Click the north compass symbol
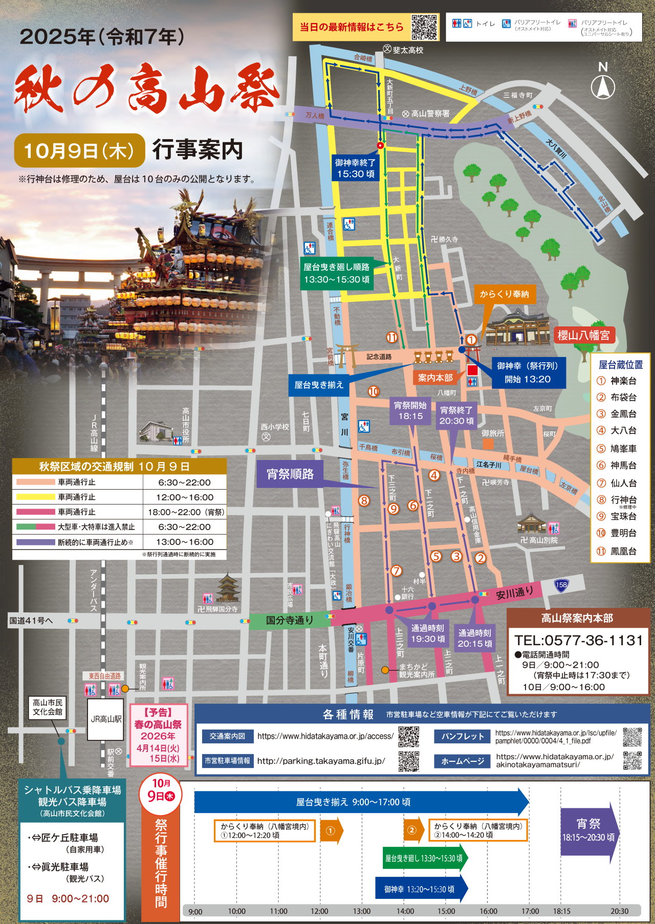coord(603,86)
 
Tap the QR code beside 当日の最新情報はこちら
coord(424,27)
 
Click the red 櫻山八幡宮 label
coord(583,335)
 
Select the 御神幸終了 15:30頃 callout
coord(355,168)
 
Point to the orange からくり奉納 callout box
coord(504,294)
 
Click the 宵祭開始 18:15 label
coord(410,411)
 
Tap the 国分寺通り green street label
coord(289,620)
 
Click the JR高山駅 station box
coord(106,719)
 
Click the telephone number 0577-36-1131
coord(578,641)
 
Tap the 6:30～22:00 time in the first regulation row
coord(184,482)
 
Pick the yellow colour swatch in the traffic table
coord(35,497)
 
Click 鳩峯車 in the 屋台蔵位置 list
coord(623,449)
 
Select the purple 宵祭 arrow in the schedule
coord(588,831)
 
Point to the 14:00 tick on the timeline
coord(405,911)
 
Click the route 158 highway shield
coord(561,585)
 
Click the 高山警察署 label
coord(430,114)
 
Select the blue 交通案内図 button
coord(227,736)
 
